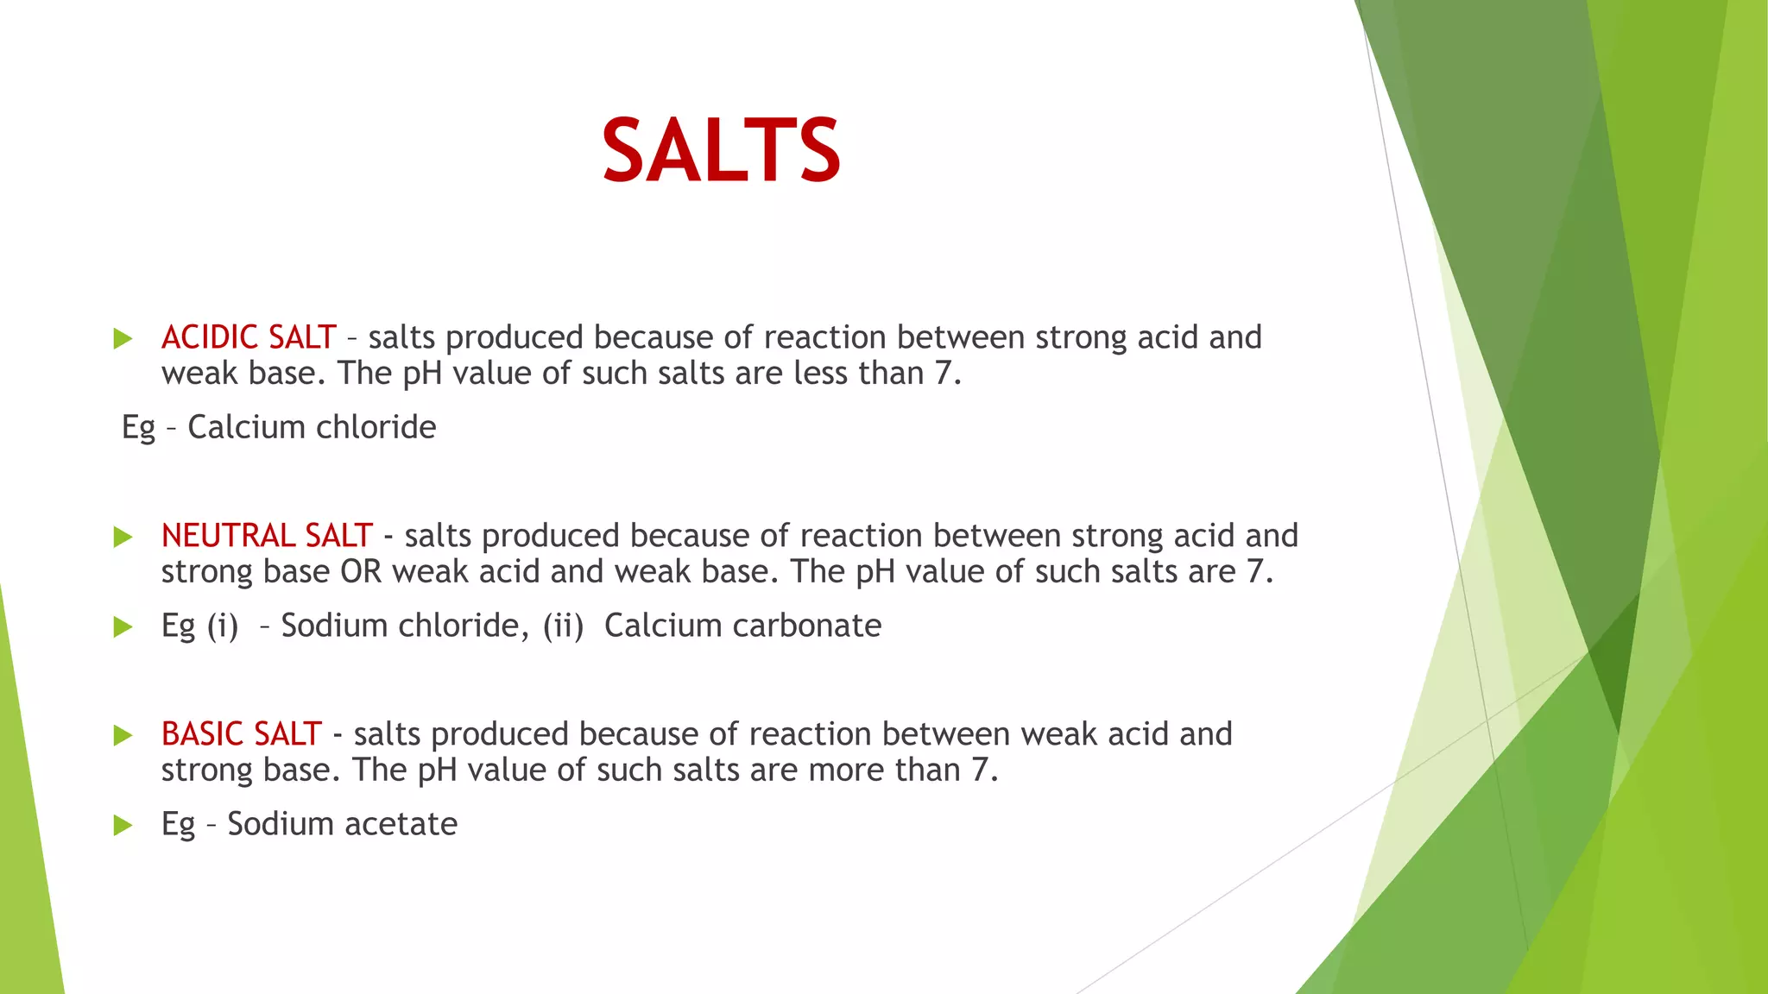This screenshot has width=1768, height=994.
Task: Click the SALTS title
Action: (x=721, y=151)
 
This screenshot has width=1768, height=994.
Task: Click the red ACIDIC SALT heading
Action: (x=249, y=337)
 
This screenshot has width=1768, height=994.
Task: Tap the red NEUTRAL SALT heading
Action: (x=267, y=536)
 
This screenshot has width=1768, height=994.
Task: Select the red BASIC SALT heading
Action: (x=242, y=734)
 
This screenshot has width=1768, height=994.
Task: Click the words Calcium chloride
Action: (x=312, y=427)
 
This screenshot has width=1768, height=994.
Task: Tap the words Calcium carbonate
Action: (x=742, y=626)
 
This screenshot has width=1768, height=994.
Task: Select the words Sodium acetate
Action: (x=342, y=824)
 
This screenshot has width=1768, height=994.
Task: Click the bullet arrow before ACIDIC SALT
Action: (x=123, y=338)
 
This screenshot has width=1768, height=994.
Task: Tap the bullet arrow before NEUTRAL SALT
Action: (x=123, y=537)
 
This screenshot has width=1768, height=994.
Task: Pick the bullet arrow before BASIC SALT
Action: (x=123, y=735)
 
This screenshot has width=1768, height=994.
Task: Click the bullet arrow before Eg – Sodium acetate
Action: (x=123, y=825)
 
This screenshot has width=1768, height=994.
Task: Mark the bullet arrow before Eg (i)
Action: (x=123, y=626)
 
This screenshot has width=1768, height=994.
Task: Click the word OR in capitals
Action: (x=361, y=572)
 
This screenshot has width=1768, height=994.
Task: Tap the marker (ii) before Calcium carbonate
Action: (x=563, y=626)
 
